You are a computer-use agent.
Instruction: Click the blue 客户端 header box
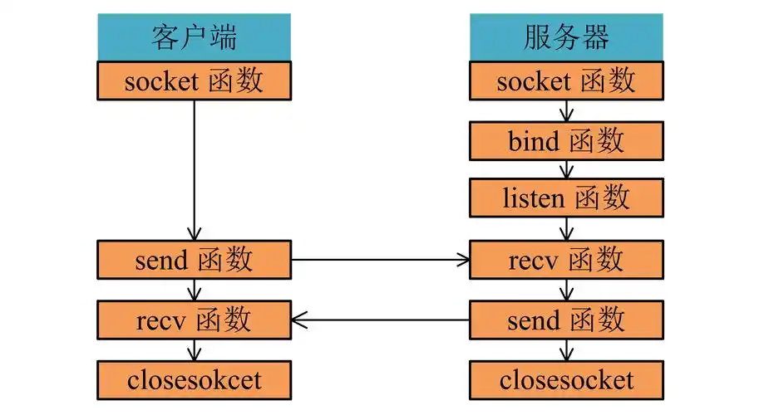coord(194,38)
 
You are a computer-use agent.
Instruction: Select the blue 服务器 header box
coord(566,38)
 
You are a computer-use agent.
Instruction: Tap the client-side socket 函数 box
coord(194,81)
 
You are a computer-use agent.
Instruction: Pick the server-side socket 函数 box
coord(566,81)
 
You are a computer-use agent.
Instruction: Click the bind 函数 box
coord(566,142)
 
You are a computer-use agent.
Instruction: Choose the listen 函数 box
coord(566,198)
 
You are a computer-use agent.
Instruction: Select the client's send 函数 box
coord(194,260)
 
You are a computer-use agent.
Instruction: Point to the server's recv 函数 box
coord(566,260)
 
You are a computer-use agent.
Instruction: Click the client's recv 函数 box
coord(194,319)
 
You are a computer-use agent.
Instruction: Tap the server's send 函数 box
coord(566,319)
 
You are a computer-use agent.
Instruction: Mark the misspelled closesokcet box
coord(194,380)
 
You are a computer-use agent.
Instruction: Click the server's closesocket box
coord(566,380)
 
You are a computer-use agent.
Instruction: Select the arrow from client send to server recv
coord(380,260)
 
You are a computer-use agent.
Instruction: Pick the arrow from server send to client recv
coord(380,319)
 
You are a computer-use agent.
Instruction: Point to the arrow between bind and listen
coord(566,170)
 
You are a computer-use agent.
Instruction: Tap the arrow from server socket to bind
coord(566,111)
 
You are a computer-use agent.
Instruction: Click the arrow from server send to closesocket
coord(566,349)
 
